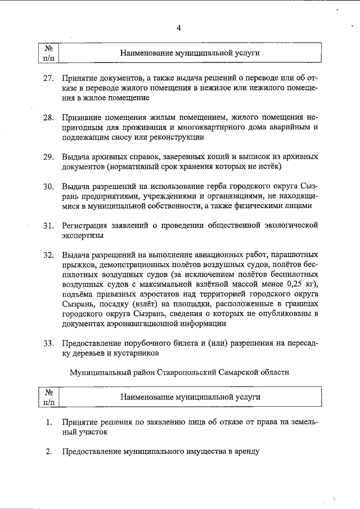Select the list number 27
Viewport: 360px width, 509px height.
point(48,78)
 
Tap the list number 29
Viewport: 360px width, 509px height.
point(48,156)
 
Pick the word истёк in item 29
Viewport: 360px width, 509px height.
point(265,166)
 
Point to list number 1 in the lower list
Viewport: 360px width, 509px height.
point(49,422)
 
